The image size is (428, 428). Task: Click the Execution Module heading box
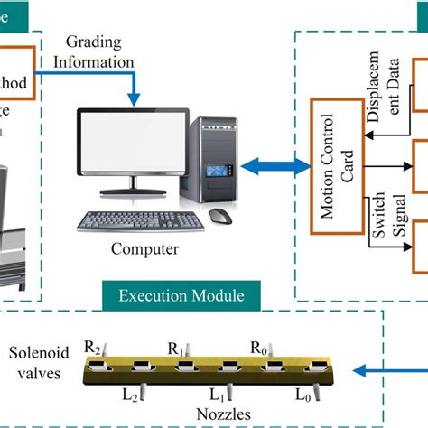pyautogui.click(x=185, y=293)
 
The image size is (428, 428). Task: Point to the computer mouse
pyautogui.click(x=219, y=216)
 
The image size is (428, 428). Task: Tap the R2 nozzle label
pyautogui.click(x=94, y=345)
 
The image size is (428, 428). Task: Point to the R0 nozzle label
pyautogui.click(x=259, y=345)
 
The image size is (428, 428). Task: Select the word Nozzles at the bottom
pyautogui.click(x=215, y=416)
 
